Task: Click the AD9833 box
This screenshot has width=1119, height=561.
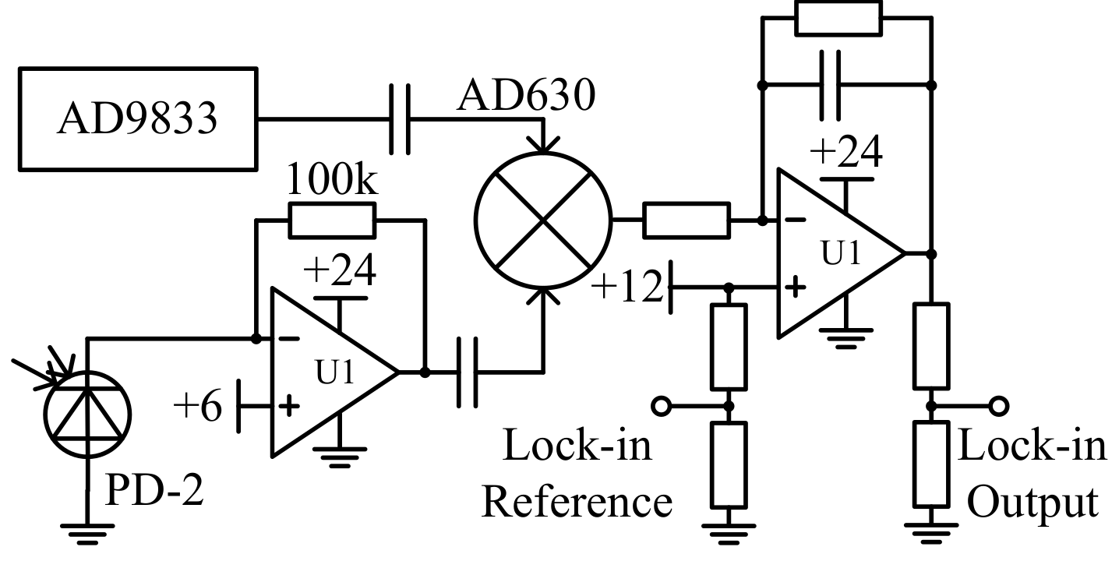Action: coord(137,119)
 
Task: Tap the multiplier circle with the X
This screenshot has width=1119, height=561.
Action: coord(543,221)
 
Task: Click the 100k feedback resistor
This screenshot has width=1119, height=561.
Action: coord(332,221)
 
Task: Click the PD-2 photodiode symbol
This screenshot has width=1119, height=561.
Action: coord(87,414)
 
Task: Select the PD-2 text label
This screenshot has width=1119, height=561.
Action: coord(154,492)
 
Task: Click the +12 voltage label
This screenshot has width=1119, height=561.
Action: coord(628,287)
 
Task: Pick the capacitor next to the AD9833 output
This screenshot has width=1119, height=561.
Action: coord(400,119)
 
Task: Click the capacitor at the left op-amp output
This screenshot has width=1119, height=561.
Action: coord(467,372)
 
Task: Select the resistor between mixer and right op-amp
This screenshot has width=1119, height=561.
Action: coord(687,221)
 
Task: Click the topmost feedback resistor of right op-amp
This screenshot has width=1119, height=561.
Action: coord(838,17)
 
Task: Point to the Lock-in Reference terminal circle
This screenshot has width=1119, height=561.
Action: coord(662,406)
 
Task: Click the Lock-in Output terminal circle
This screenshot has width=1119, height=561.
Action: coord(998,406)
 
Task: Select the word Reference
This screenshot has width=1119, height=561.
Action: coord(577,502)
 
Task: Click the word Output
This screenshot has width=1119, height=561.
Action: coord(1032,502)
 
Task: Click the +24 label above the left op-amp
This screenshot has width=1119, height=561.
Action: coord(340,270)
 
